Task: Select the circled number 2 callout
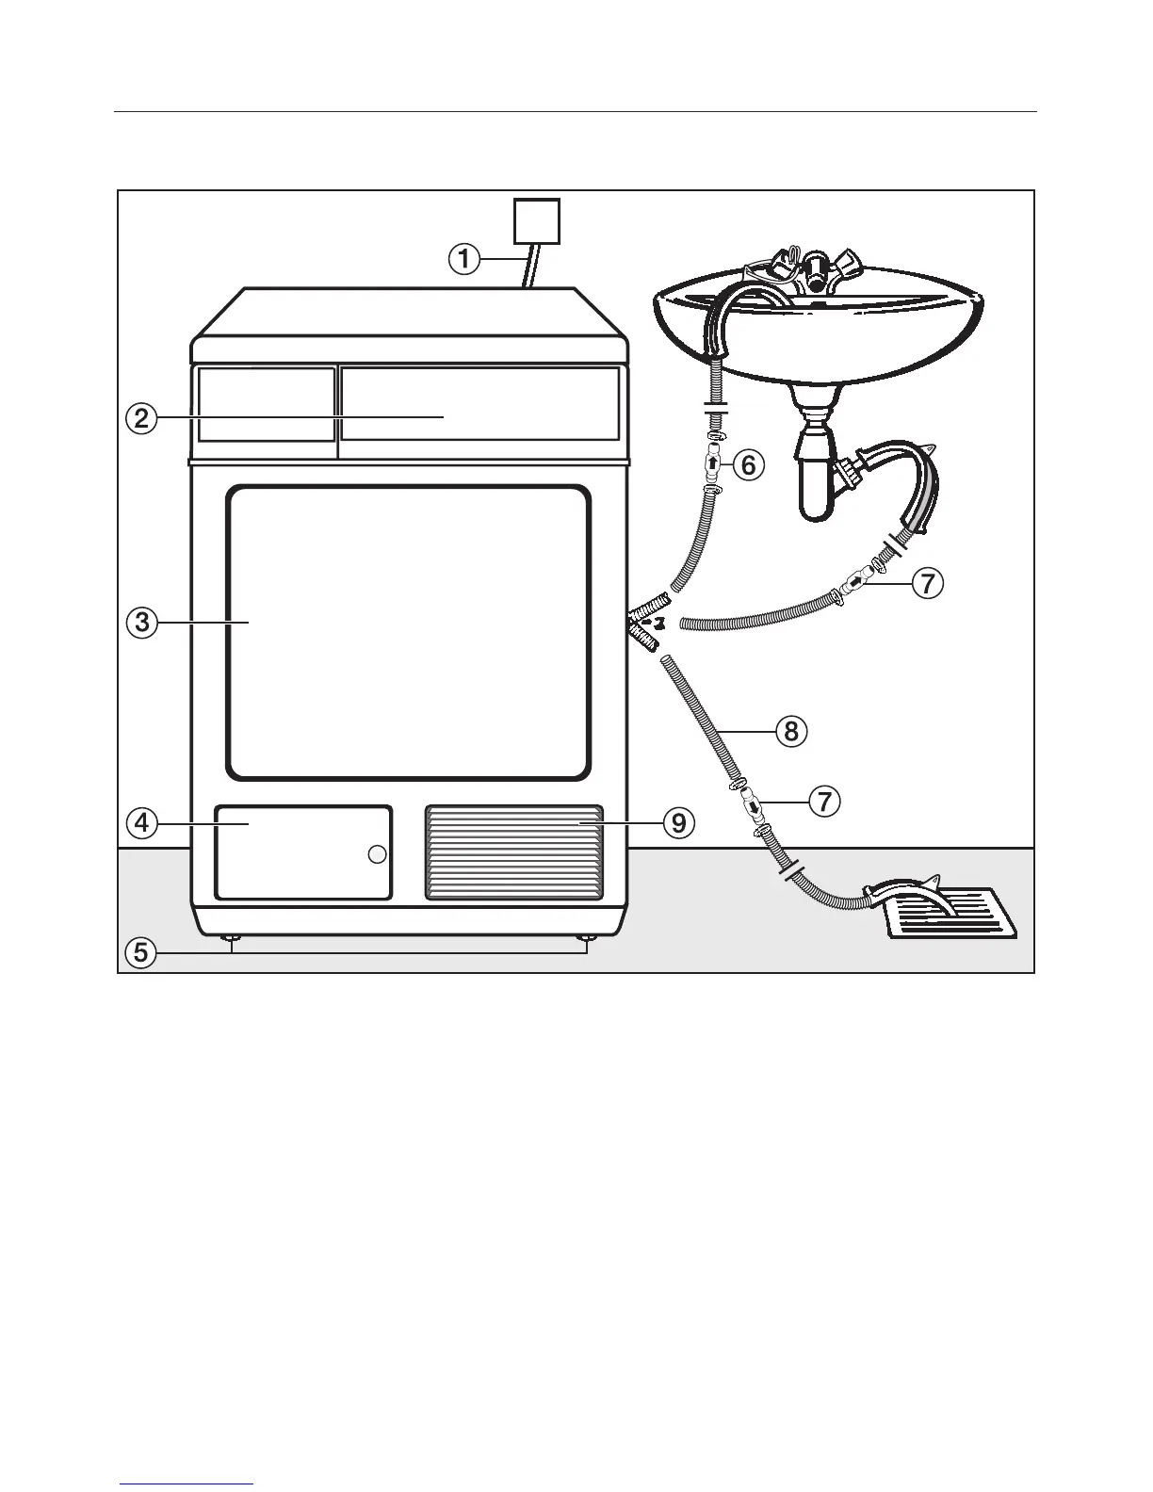click(x=140, y=417)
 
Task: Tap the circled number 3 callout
click(x=140, y=623)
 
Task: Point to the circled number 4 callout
click(x=140, y=823)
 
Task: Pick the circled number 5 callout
click(x=140, y=952)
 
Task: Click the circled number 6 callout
click(x=748, y=464)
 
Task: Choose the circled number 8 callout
click(x=791, y=731)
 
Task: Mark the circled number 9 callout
click(x=678, y=823)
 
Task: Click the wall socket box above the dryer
click(x=536, y=222)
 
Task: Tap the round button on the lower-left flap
click(x=377, y=854)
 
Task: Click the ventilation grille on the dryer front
click(x=513, y=852)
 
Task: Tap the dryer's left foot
click(x=230, y=938)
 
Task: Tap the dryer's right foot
click(x=586, y=938)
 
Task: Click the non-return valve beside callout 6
click(x=713, y=463)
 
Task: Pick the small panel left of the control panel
click(x=266, y=404)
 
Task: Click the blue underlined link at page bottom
click(x=187, y=1485)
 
